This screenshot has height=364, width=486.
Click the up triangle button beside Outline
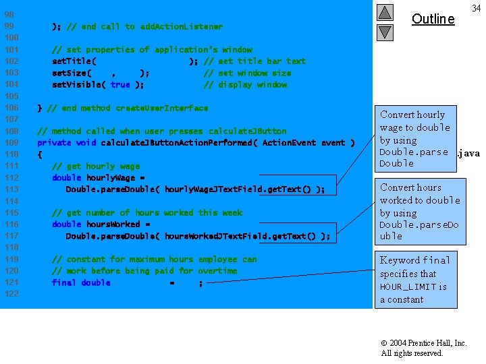[x=385, y=13]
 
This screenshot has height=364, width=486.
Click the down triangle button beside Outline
[x=385, y=32]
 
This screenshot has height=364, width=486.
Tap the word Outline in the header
[x=433, y=19]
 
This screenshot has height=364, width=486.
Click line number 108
[x=11, y=131]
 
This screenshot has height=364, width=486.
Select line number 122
[x=11, y=294]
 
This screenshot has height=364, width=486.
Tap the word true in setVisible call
[x=120, y=85]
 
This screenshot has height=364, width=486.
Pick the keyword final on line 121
[x=63, y=282]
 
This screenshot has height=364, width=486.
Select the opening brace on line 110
[x=40, y=154]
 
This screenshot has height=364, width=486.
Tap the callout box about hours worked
[x=418, y=211]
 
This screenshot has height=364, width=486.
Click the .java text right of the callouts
[x=468, y=154]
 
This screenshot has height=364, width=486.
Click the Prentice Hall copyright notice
[x=423, y=348]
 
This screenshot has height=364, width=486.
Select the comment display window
[x=246, y=85]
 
